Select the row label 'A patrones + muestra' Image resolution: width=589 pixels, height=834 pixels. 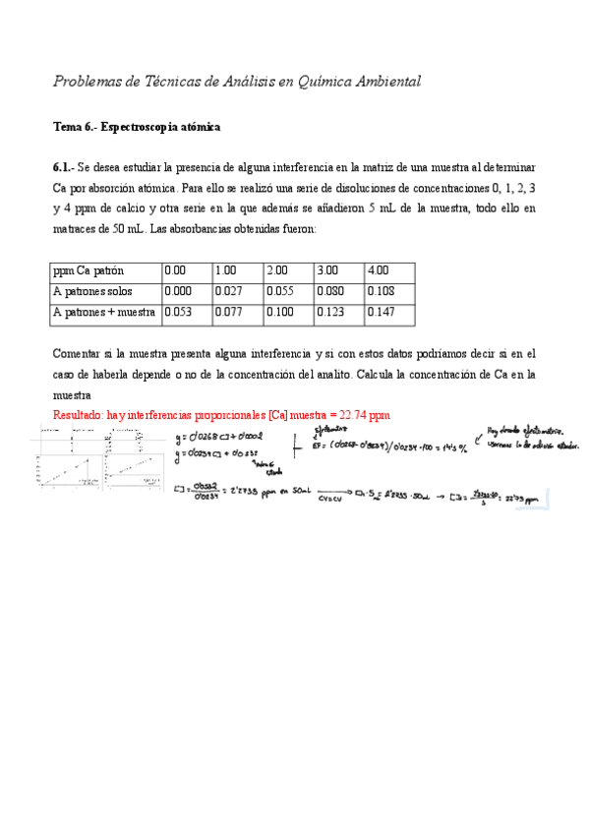[x=104, y=313]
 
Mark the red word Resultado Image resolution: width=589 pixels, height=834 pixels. [x=80, y=415]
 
